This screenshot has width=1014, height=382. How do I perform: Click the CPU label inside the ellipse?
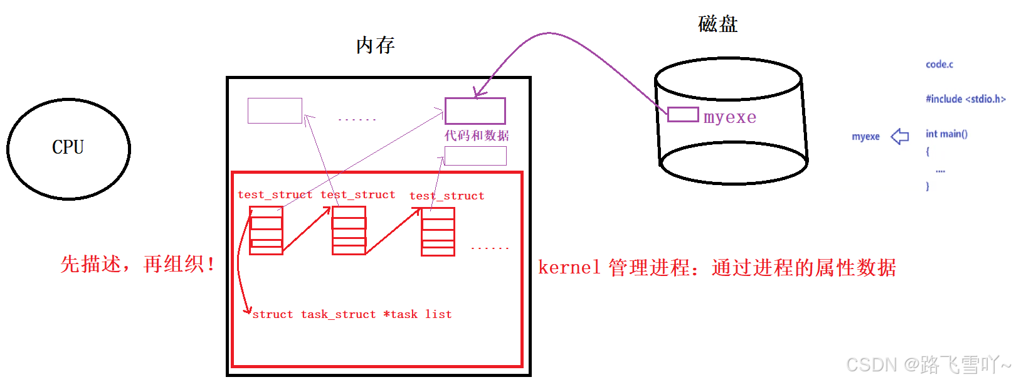(x=68, y=147)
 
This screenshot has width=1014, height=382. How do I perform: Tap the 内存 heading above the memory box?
(x=375, y=45)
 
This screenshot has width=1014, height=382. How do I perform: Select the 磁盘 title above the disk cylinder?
(x=717, y=24)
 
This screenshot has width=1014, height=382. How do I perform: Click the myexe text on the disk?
(x=730, y=117)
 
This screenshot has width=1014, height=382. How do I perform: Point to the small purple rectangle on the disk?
(x=683, y=114)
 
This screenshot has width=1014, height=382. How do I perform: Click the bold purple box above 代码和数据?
(x=475, y=111)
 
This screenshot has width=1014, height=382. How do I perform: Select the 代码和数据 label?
(x=477, y=135)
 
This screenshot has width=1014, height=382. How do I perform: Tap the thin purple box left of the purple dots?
(x=275, y=110)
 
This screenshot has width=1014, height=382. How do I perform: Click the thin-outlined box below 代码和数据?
(x=475, y=156)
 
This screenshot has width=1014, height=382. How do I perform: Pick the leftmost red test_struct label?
(x=275, y=195)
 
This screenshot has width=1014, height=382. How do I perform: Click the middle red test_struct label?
(x=357, y=195)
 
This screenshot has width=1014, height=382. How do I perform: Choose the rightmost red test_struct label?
(x=446, y=196)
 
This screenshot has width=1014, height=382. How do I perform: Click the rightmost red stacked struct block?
(x=438, y=232)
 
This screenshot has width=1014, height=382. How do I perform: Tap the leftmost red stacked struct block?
(x=266, y=230)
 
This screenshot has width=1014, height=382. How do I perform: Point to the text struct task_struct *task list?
(x=351, y=314)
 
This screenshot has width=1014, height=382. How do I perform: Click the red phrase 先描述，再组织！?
(x=138, y=264)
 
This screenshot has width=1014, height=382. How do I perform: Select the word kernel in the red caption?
(x=569, y=268)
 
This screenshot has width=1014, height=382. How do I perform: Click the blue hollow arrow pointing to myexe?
(x=900, y=136)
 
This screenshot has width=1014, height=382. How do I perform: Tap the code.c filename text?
(x=939, y=65)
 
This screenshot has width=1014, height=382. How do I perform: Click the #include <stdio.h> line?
(x=965, y=99)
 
